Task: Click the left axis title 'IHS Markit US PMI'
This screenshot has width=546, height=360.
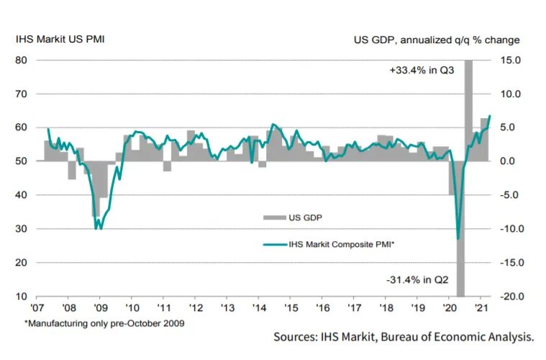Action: click(x=60, y=39)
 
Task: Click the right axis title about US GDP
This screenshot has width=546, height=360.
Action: click(x=437, y=40)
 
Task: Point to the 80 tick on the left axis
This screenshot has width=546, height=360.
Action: click(x=22, y=60)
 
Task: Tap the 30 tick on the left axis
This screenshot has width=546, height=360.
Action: click(x=22, y=229)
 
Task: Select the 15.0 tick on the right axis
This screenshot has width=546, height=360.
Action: click(x=511, y=60)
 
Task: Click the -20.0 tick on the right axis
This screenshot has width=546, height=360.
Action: click(x=512, y=296)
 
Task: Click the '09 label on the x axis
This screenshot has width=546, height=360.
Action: click(x=100, y=308)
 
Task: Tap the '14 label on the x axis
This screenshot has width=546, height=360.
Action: click(x=259, y=308)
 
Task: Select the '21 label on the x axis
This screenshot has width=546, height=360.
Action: click(x=481, y=308)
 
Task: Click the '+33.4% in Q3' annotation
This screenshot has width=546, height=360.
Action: click(x=422, y=71)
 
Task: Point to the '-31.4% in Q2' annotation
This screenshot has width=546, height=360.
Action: click(x=417, y=280)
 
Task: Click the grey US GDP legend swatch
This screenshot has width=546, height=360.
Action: click(x=274, y=218)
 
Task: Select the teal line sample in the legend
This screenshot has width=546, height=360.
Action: click(x=275, y=245)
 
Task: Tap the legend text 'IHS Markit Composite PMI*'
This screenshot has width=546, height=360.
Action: click(x=341, y=244)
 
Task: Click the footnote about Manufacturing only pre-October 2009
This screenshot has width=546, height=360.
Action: click(x=104, y=323)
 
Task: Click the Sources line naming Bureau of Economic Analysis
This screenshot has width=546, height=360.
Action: click(x=404, y=337)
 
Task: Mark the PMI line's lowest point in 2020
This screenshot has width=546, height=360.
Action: click(x=458, y=239)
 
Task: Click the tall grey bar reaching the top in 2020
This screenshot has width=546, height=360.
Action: click(x=469, y=110)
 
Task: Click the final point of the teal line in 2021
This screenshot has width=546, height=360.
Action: click(x=490, y=115)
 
